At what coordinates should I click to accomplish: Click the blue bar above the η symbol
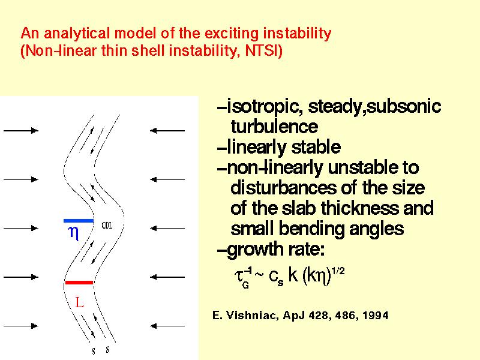pos(79,220)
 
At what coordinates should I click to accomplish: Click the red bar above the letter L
pos(79,282)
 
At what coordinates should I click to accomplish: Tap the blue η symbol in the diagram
pos(74,233)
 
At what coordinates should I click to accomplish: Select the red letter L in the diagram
pos(79,302)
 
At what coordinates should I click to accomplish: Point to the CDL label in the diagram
pos(107,226)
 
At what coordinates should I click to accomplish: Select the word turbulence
pos(274,127)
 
